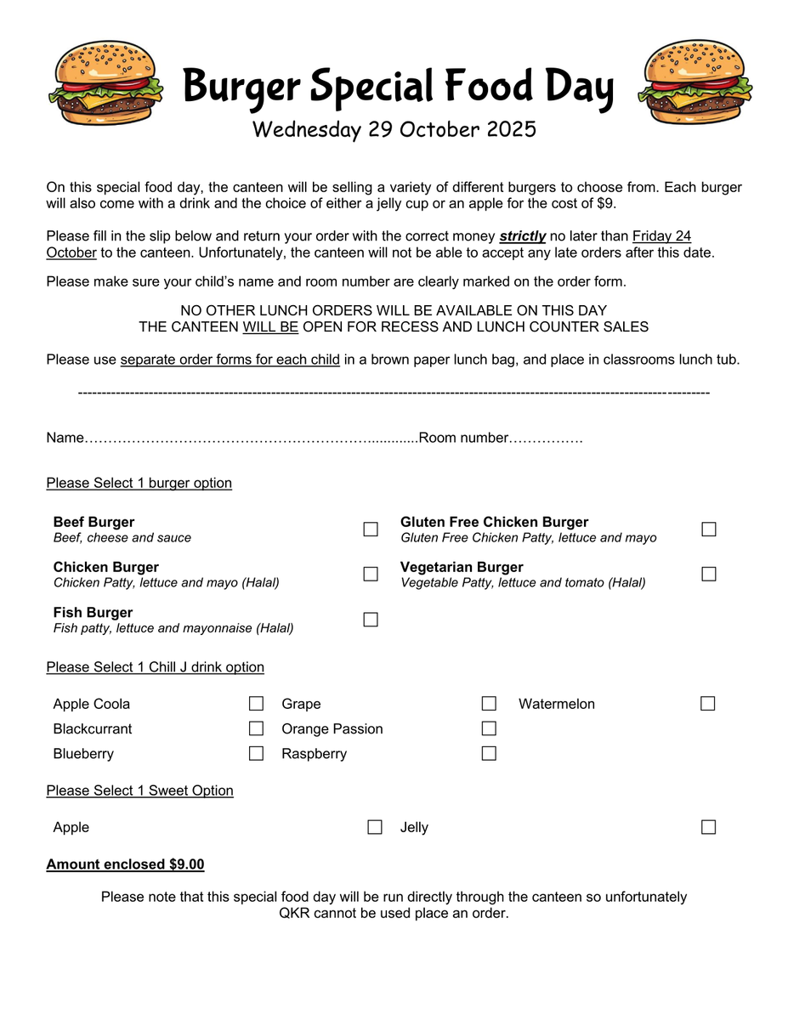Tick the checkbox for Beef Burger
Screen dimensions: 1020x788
coord(371,530)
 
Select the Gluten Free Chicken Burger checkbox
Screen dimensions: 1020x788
coord(709,530)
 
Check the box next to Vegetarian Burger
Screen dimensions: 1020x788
coord(709,574)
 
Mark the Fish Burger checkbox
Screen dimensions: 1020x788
coord(371,620)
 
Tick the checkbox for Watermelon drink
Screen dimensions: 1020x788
coord(708,704)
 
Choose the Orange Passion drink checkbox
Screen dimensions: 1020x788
coord(489,728)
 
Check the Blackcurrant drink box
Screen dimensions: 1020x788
coord(256,728)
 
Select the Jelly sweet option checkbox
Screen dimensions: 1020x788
coord(709,827)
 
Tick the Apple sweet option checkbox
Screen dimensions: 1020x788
coord(375,827)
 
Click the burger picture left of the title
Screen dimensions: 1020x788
coord(105,83)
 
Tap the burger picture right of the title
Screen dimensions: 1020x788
coord(694,83)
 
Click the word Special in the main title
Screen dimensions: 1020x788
coord(367,88)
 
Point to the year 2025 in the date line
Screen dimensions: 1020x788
coord(512,129)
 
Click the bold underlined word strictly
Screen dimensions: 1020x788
coord(522,235)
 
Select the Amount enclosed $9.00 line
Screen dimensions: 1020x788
coord(125,864)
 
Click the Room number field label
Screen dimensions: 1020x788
coord(463,438)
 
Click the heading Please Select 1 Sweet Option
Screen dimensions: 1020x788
coord(139,790)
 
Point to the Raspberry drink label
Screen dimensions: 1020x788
coord(315,754)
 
